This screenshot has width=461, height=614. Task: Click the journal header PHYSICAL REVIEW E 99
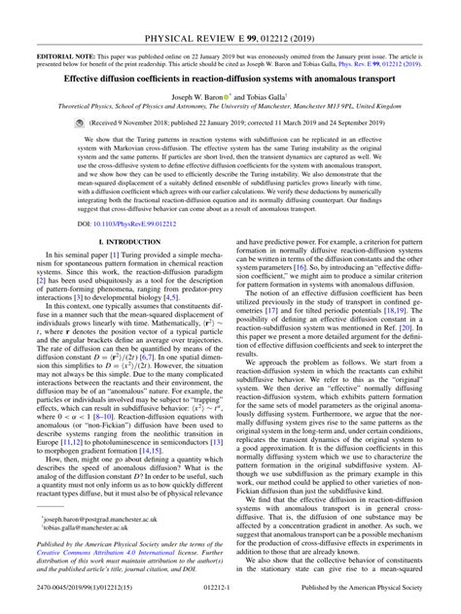(x=230, y=12)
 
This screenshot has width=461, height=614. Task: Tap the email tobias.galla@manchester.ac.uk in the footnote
(x=88, y=530)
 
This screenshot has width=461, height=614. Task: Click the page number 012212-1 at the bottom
(x=230, y=603)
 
